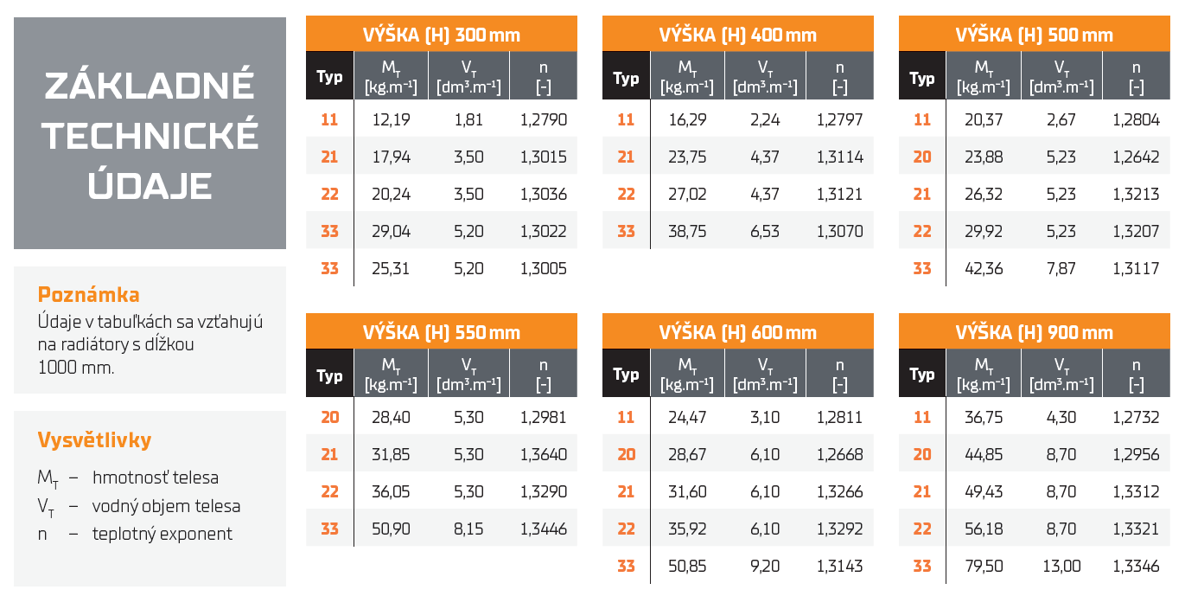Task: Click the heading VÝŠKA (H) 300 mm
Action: pos(441,35)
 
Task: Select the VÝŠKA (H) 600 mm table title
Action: pos(737,333)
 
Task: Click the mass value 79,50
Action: pos(984,567)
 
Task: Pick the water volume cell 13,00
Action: pos(1061,567)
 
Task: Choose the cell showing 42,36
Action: pos(984,269)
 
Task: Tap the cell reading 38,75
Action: pos(687,232)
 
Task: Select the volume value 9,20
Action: pos(765,567)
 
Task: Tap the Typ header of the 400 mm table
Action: pos(626,79)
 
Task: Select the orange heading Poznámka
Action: pos(88,295)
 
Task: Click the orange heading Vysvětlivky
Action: pos(94,440)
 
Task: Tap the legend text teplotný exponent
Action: pos(162,534)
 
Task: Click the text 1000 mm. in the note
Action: pos(76,367)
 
